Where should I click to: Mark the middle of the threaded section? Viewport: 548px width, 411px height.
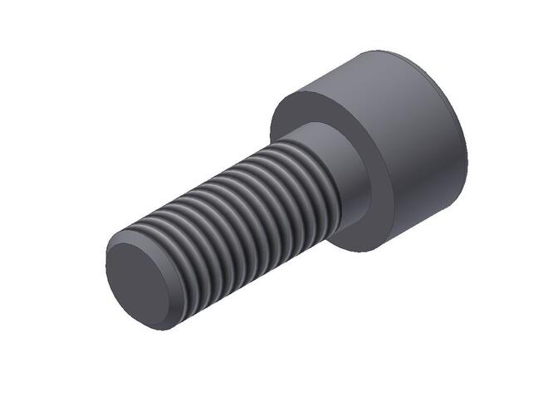[x=241, y=224]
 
